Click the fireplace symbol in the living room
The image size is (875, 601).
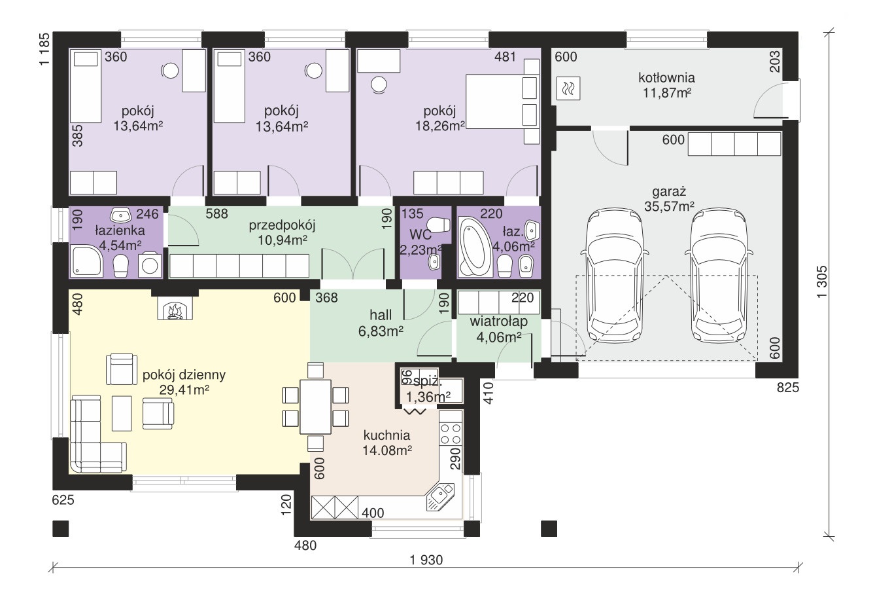(175, 308)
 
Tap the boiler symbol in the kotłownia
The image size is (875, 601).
(568, 89)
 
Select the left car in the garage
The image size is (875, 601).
(614, 275)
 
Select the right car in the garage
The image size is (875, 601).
(718, 275)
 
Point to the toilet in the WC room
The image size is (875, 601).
(438, 225)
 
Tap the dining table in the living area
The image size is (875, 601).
(315, 407)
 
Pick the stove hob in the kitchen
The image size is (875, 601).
(451, 433)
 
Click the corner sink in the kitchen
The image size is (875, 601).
(440, 497)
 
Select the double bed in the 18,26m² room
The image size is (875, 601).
(502, 101)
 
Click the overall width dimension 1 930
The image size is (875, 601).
(426, 560)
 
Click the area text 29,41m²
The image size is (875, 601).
(184, 390)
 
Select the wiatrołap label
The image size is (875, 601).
(499, 321)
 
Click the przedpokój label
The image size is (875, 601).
(282, 226)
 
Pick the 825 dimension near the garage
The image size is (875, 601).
(787, 388)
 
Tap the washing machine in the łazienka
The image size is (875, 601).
(150, 266)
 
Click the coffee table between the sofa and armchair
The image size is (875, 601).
(122, 413)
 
